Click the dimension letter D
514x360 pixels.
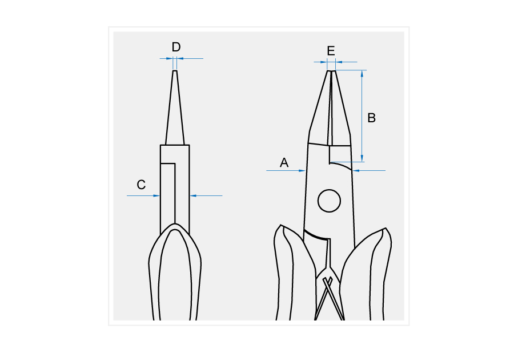(176, 47)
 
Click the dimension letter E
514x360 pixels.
(331, 51)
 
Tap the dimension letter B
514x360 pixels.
(371, 118)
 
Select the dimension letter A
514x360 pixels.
(284, 163)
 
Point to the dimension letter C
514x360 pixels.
(141, 185)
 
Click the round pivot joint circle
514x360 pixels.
(329, 201)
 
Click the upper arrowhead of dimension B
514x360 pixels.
(362, 73)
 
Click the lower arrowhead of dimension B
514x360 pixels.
(362, 158)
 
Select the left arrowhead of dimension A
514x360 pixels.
(302, 170)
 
